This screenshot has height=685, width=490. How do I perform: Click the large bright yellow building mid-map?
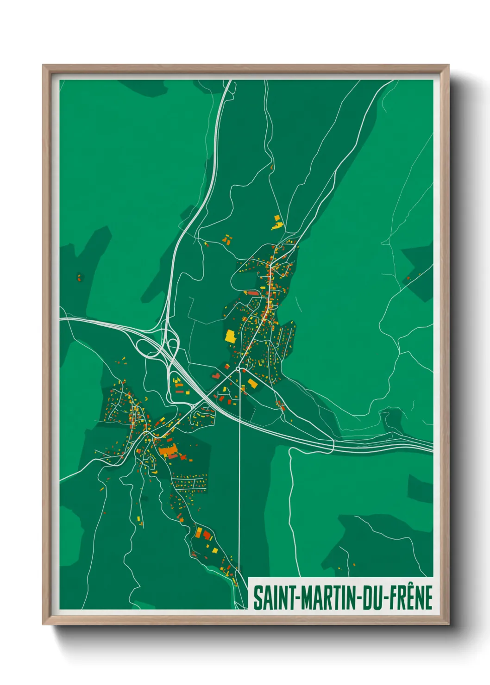coord(230,336)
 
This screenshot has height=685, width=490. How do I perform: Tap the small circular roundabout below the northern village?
coord(238,369)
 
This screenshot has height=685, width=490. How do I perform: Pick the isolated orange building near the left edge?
coord(79,278)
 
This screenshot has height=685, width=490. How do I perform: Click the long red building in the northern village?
coord(251,293)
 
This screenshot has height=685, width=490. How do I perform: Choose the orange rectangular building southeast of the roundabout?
coord(252,383)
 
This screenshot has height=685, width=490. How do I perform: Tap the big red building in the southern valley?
coord(207,536)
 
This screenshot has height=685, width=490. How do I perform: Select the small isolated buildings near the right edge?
coord(409,278)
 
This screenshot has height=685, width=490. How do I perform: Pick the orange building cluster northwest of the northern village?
coord(226,239)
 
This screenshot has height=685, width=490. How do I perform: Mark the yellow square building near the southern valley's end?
coord(215,550)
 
